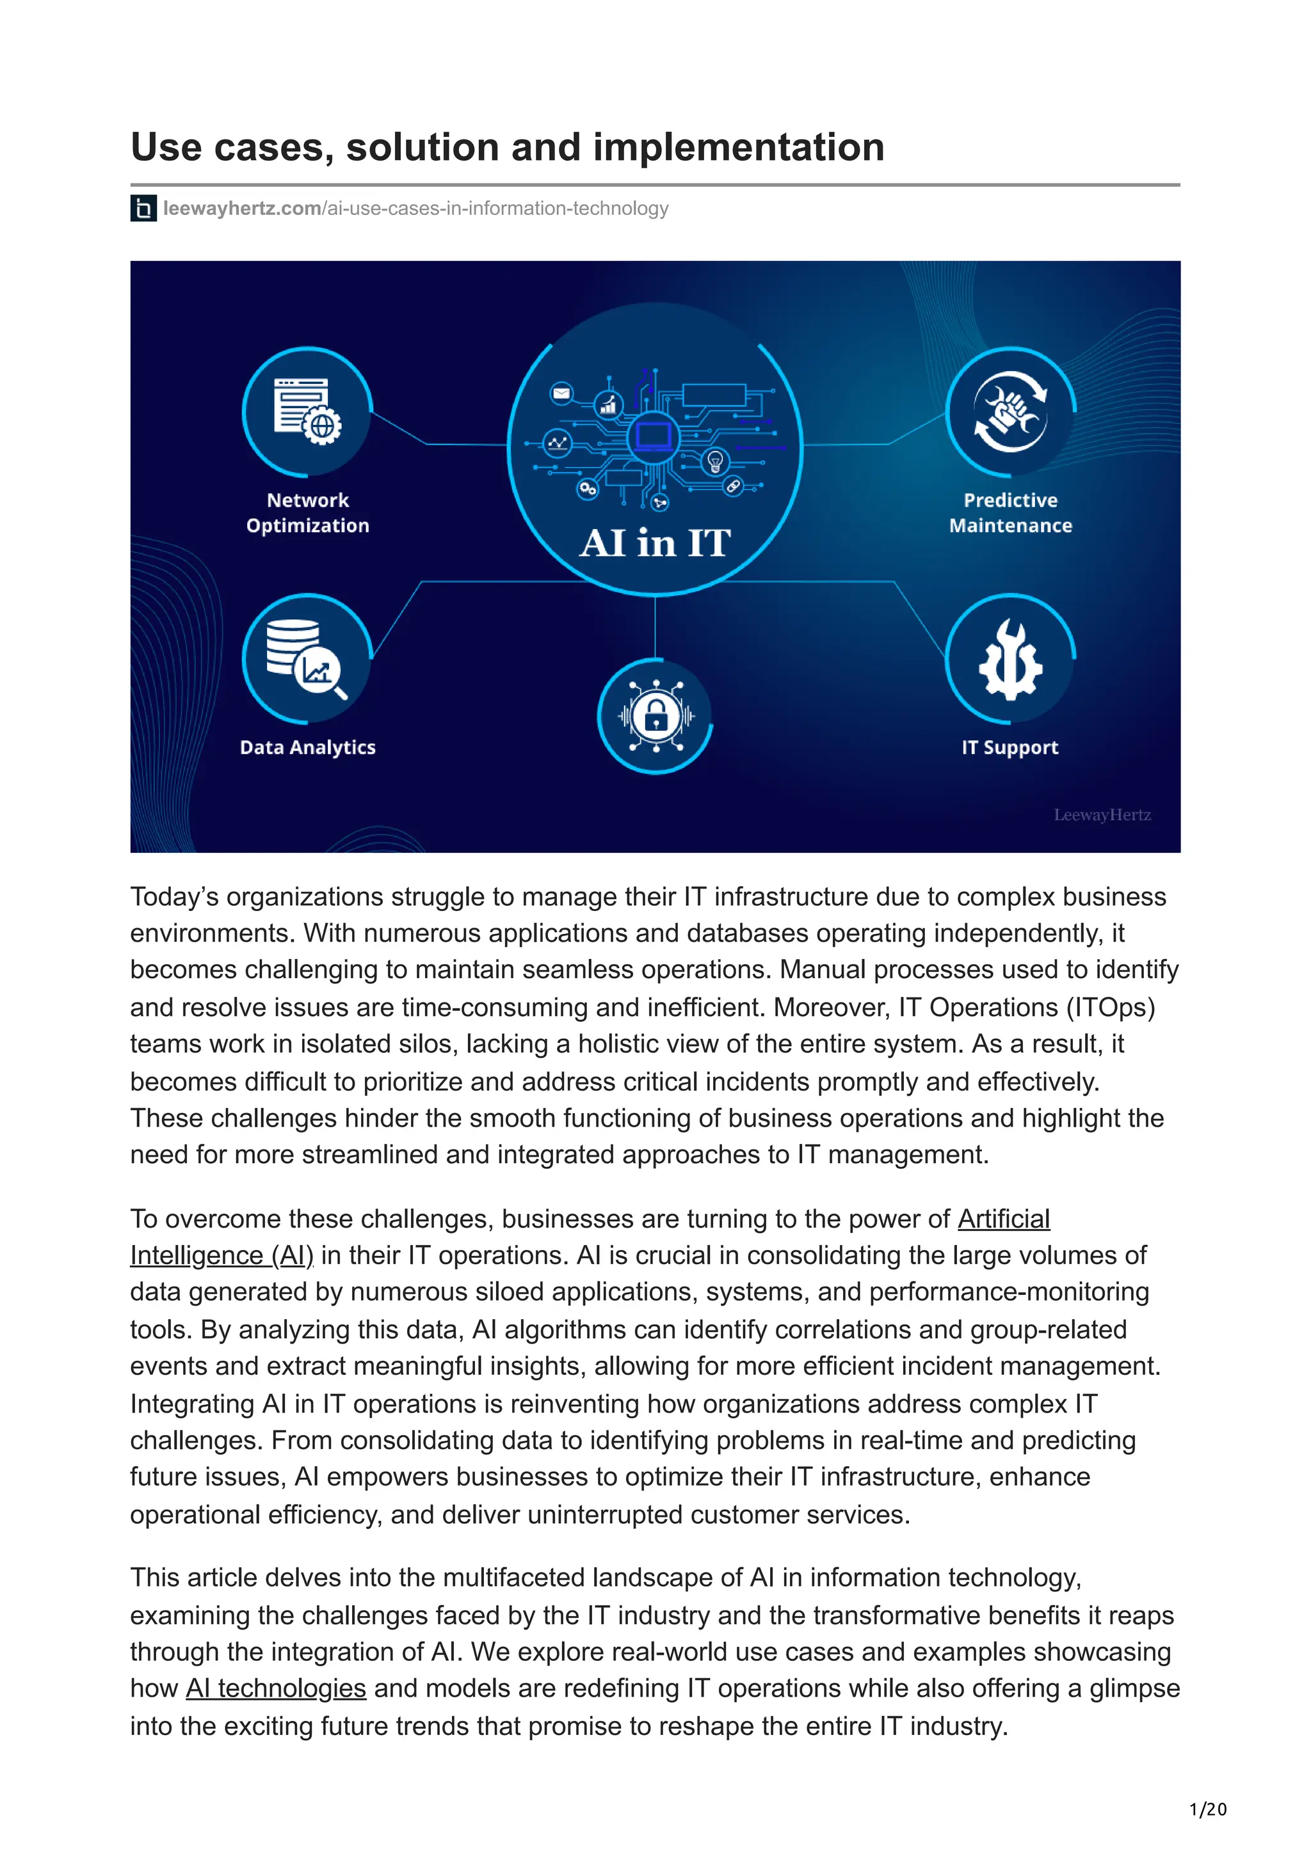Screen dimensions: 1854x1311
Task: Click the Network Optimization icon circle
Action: [x=307, y=412]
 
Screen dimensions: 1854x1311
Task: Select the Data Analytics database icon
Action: [x=307, y=658]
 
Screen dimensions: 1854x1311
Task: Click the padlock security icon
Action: [x=655, y=715]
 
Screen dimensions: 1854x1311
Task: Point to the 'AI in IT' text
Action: [x=655, y=543]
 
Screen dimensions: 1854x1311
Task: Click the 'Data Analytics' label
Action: [x=308, y=748]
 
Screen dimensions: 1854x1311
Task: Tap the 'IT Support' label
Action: [x=1009, y=748]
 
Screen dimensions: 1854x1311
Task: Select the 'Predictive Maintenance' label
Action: [x=1011, y=512]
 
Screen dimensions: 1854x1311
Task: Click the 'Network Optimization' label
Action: [x=308, y=512]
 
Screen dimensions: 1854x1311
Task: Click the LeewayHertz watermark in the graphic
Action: [x=1102, y=815]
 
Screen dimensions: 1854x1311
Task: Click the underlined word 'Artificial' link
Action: [x=1003, y=1219]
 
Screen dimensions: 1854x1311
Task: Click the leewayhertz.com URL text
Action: [x=416, y=209]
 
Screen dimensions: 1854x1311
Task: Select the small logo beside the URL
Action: [x=143, y=209]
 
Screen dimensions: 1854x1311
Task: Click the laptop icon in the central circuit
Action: [x=654, y=436]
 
